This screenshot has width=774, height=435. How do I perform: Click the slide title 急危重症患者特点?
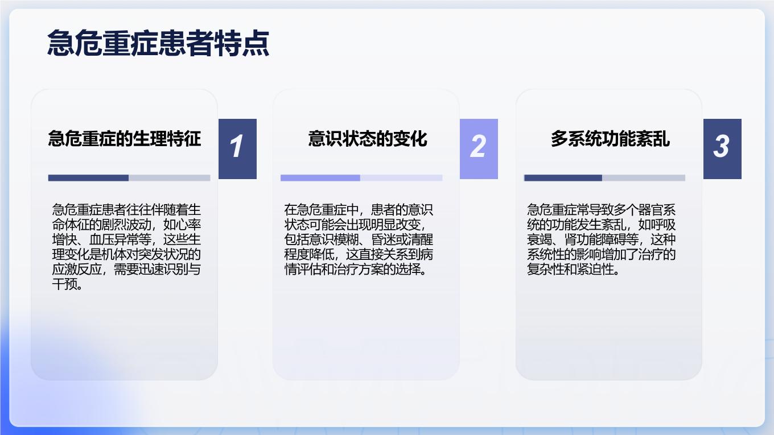[x=158, y=43]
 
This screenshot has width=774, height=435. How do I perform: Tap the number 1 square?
[x=237, y=149]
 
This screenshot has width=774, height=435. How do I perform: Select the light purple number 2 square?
[x=479, y=149]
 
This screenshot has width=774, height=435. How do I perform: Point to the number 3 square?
[x=722, y=149]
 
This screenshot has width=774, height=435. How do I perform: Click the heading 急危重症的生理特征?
[x=125, y=139]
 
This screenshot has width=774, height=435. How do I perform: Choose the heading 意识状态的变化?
[x=368, y=139]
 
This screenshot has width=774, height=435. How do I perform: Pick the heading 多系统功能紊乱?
[x=610, y=139]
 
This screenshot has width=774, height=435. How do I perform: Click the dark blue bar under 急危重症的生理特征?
[x=88, y=178]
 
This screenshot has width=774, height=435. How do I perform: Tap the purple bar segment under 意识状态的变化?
[x=320, y=178]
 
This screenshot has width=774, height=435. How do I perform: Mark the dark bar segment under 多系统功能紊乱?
[x=563, y=178]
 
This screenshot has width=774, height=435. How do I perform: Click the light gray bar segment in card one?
[x=170, y=178]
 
